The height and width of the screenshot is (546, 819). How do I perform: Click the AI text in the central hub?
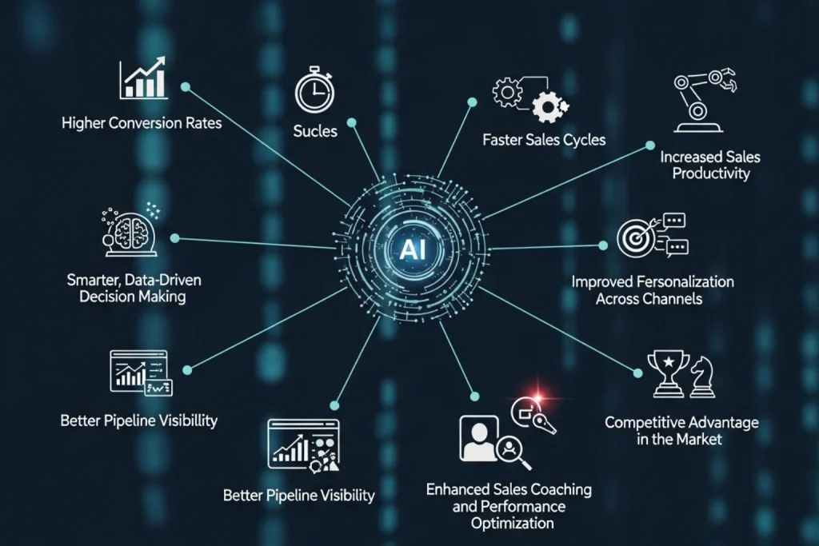(x=412, y=249)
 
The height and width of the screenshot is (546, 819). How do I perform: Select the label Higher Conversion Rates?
(x=142, y=123)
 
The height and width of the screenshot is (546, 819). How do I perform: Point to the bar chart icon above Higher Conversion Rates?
(x=143, y=78)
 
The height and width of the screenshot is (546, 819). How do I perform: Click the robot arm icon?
(x=702, y=100)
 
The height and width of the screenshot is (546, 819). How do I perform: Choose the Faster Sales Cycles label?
(x=544, y=140)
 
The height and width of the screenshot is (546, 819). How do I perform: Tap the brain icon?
(x=130, y=233)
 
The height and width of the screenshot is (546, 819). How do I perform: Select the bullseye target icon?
(x=635, y=238)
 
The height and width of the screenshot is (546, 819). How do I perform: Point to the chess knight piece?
(x=702, y=377)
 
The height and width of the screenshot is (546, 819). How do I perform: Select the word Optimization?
(x=513, y=524)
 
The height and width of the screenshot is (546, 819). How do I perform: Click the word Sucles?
(x=315, y=130)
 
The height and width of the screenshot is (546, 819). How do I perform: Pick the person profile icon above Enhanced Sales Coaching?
(x=478, y=438)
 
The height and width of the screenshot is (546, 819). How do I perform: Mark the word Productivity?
(x=710, y=173)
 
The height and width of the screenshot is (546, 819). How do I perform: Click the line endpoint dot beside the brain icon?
(x=175, y=238)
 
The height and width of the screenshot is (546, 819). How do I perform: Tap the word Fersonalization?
(x=685, y=282)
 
